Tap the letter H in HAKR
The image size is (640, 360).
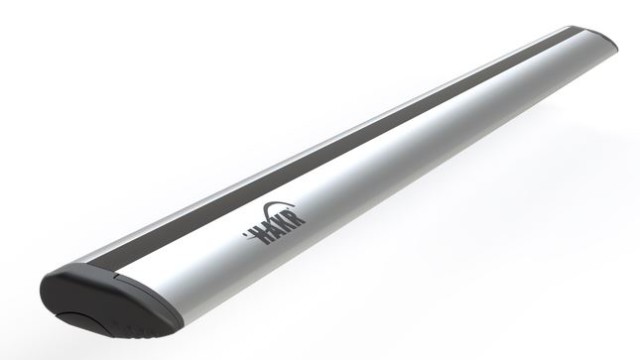pos(261,233)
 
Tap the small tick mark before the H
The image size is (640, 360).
pos(246,236)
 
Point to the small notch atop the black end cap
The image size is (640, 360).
pos(116,277)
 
